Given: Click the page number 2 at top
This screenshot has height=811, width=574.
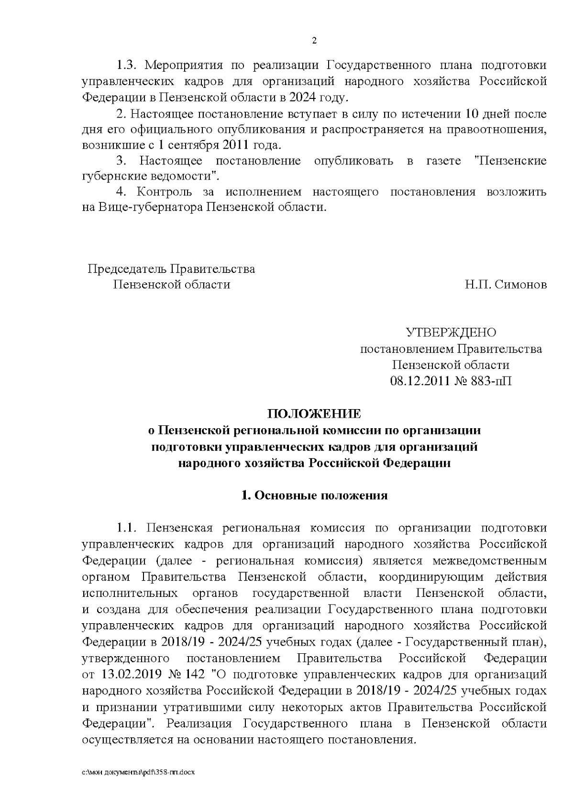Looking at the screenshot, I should point(314,41).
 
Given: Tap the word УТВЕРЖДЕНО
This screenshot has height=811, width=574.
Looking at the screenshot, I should point(451,332).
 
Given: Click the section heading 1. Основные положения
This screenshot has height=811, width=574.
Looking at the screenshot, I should point(314,495).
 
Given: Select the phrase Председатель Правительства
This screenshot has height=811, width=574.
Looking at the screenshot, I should point(171,269).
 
